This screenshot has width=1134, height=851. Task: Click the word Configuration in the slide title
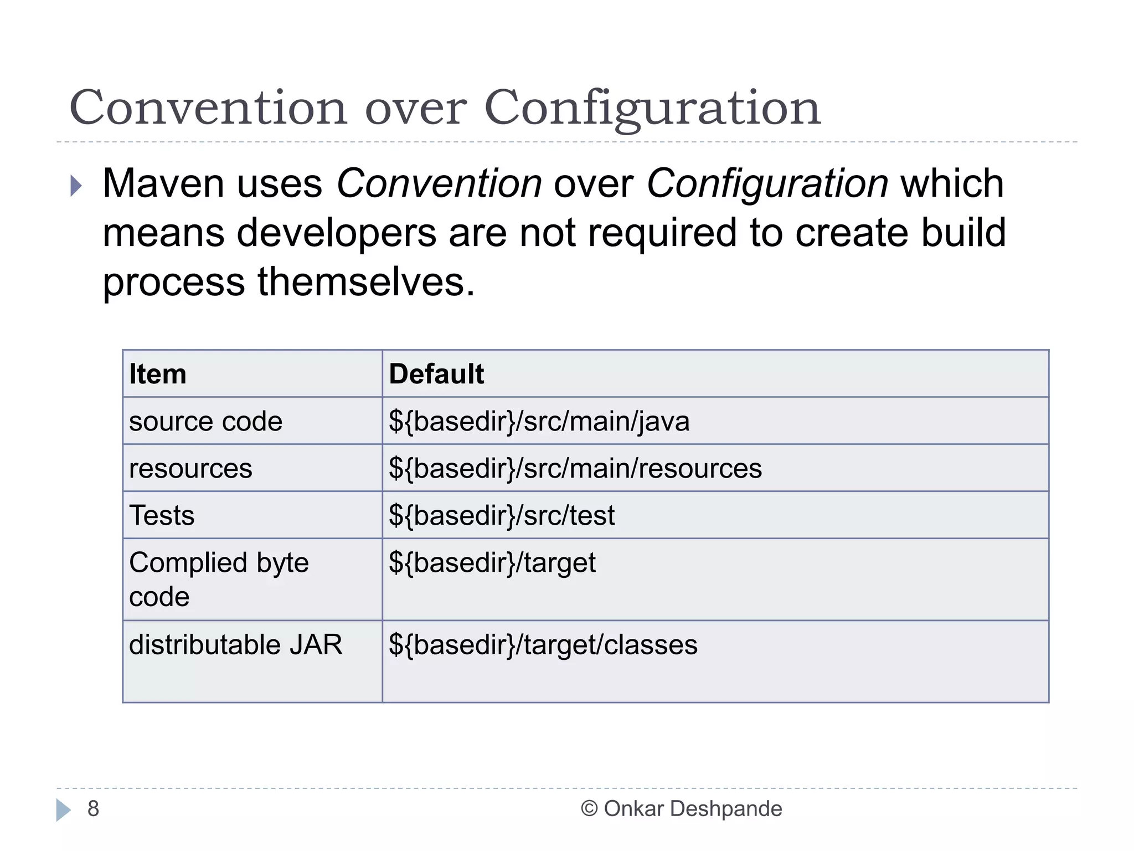coord(652,108)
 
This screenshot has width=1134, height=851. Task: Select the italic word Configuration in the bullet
coord(767,183)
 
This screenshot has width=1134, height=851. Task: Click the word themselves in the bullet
coord(365,282)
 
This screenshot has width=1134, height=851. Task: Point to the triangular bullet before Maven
coord(76,186)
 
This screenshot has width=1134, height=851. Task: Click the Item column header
coord(158,374)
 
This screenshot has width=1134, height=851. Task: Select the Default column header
coord(436,374)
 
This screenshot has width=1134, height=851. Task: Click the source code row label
coord(205,422)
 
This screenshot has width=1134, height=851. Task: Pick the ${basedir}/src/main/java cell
coord(539,422)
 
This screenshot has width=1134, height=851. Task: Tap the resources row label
coord(190,469)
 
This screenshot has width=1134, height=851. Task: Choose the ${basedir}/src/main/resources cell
coord(575,469)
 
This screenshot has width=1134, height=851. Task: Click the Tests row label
coord(162,516)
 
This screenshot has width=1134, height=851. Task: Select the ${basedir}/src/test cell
coord(501,516)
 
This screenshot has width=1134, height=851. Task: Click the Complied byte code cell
coord(218,579)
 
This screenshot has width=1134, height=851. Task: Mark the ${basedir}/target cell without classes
coord(492,563)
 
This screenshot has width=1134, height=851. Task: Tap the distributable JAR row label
coord(235,645)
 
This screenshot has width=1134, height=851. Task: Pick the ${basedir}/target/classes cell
coord(543,645)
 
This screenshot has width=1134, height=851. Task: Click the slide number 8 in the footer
coord(93,809)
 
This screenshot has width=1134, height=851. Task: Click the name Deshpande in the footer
coord(725,809)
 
